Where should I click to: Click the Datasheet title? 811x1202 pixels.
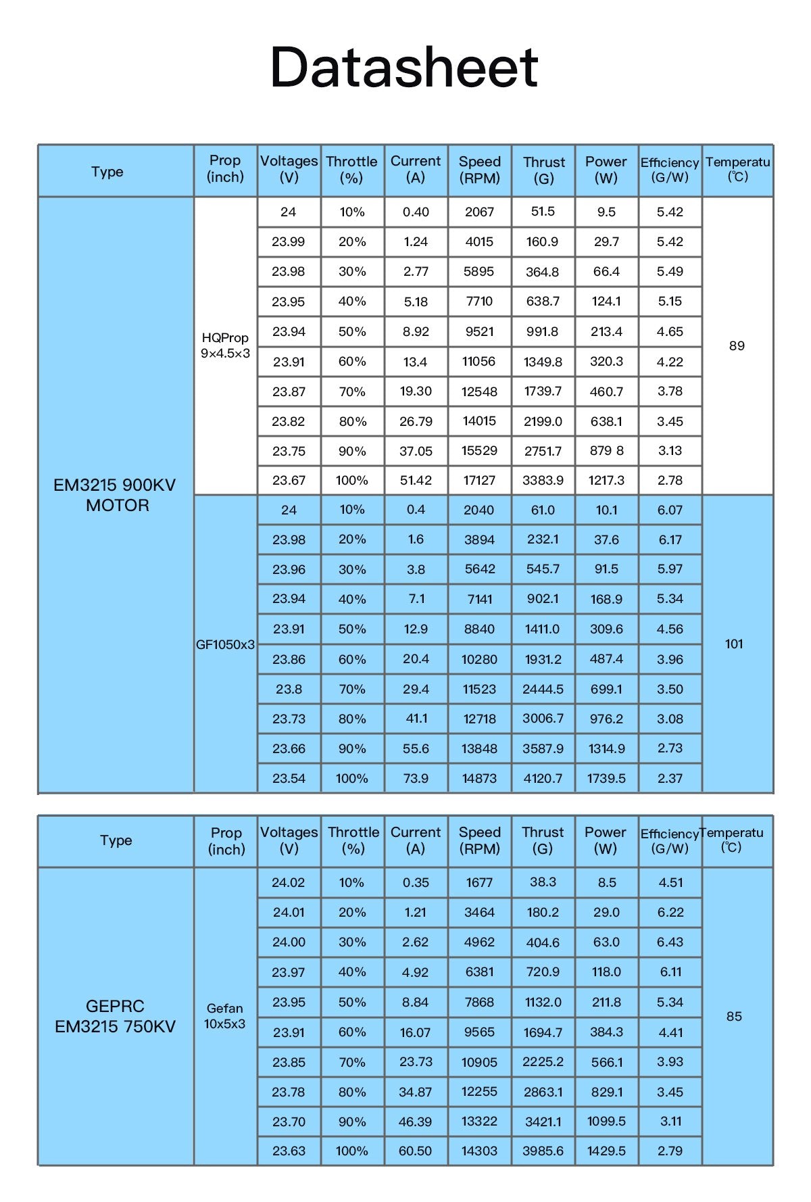click(404, 67)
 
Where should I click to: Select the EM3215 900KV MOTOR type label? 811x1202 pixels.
click(116, 495)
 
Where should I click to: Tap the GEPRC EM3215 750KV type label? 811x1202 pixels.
click(115, 1016)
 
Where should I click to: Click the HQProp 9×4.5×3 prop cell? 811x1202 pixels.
click(225, 345)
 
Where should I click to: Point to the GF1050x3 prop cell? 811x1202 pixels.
click(225, 644)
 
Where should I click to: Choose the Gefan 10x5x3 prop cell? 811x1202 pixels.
click(225, 1016)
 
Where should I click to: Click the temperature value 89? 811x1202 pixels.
click(737, 345)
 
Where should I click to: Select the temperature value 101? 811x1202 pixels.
click(734, 644)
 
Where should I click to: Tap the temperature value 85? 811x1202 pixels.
click(734, 1016)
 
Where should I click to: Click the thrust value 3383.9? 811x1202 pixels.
click(543, 480)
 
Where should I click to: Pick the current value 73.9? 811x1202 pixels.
click(416, 778)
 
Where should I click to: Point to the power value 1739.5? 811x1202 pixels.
click(606, 778)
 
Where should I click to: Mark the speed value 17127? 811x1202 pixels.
click(479, 480)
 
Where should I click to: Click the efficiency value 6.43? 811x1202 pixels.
click(670, 942)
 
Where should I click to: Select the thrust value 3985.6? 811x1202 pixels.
click(543, 1151)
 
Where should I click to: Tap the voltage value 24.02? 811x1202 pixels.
click(289, 882)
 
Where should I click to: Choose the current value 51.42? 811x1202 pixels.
click(416, 480)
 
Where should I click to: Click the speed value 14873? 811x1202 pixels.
click(479, 778)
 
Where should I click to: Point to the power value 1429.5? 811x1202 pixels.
click(606, 1151)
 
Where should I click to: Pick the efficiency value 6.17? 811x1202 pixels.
click(670, 539)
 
